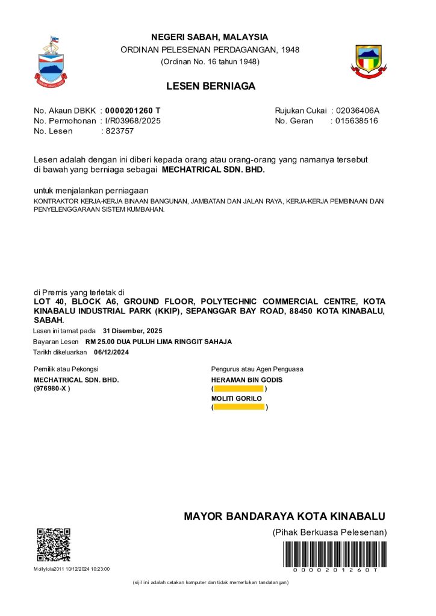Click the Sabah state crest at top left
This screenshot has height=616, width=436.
point(51,62)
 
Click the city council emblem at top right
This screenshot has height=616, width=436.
point(369,61)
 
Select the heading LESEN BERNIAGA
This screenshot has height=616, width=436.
point(211,86)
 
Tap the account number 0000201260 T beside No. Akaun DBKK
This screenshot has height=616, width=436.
point(133,111)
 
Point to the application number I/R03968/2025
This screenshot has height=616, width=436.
point(133,121)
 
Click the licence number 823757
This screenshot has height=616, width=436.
point(120,131)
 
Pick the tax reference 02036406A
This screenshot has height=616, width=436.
point(358,111)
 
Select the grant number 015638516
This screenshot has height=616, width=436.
point(357,121)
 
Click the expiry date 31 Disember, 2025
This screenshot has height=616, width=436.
point(132,331)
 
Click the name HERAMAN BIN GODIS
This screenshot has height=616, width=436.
point(247,380)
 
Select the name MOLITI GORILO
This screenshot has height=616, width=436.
point(237,398)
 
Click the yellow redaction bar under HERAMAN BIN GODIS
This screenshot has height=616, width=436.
point(239,389)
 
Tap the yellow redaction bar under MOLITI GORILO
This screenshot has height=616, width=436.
point(239,407)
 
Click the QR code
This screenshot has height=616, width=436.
point(54,545)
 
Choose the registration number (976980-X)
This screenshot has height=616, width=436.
point(52,389)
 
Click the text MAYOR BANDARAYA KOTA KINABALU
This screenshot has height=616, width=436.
point(284,516)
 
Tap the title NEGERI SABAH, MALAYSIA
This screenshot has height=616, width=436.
point(210,37)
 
